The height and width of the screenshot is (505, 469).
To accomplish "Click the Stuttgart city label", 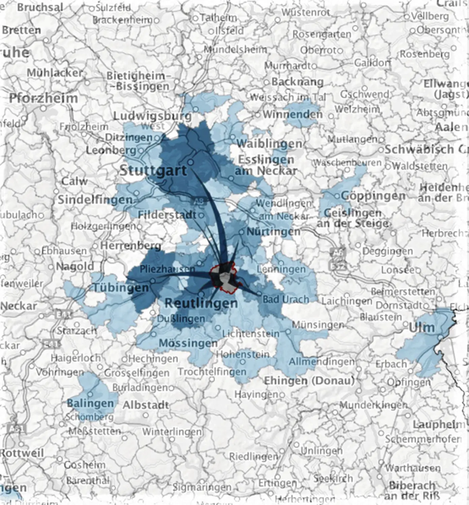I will coord(153,170).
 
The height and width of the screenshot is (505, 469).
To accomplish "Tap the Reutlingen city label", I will coord(201,303).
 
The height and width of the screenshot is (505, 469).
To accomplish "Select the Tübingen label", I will coord(121,288).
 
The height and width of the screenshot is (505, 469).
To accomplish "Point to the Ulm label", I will coord(421,327).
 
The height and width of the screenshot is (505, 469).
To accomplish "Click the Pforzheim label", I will coord(43,98).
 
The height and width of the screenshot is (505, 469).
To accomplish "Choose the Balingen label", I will coord(90,403).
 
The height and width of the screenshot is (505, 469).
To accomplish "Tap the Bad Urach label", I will coord(286,299).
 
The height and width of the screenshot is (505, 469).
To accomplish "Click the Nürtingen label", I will coord(273,232).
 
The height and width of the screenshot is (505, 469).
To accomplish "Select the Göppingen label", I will coord(373,196).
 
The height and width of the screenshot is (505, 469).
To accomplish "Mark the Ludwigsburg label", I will coord(152,116).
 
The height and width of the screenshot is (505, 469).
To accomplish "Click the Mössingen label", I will coord(188,343).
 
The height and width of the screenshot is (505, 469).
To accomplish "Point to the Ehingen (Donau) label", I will coord(309,381).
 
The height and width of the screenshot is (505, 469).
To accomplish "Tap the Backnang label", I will coord(297,82).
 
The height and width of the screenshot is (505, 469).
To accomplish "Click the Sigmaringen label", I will coord(202,487).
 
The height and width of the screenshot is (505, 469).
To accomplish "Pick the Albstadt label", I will coord(146,405).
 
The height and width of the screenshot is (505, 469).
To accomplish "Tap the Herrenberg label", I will coord(130,245).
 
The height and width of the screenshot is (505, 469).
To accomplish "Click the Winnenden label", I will coord(292,114).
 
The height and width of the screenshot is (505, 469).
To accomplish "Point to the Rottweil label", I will coord(22,453).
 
